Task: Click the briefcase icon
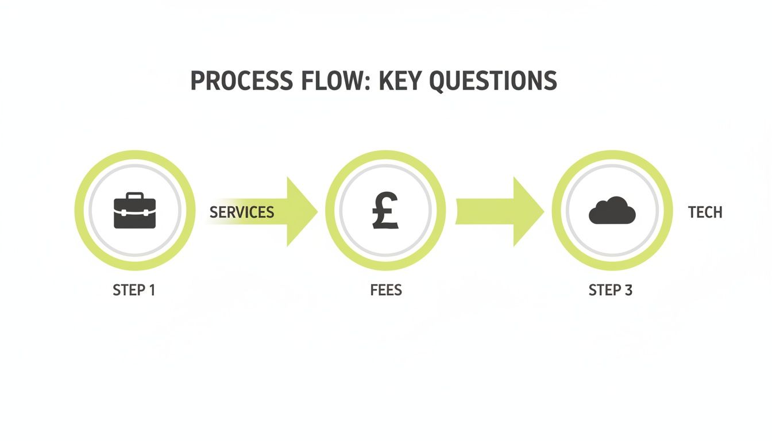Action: click(x=135, y=211)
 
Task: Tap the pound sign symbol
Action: click(x=385, y=210)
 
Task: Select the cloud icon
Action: click(x=612, y=210)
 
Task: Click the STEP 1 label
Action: click(x=134, y=290)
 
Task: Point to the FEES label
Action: click(x=386, y=290)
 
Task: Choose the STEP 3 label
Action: click(x=610, y=290)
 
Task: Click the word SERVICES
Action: click(x=242, y=212)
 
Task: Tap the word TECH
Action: click(x=705, y=212)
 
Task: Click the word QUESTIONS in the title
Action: click(x=493, y=82)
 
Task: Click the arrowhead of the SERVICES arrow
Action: click(x=302, y=211)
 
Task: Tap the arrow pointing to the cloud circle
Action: click(x=500, y=211)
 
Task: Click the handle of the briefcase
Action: click(x=135, y=196)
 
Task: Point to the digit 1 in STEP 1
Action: click(x=152, y=290)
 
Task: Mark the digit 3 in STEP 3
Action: click(x=628, y=290)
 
